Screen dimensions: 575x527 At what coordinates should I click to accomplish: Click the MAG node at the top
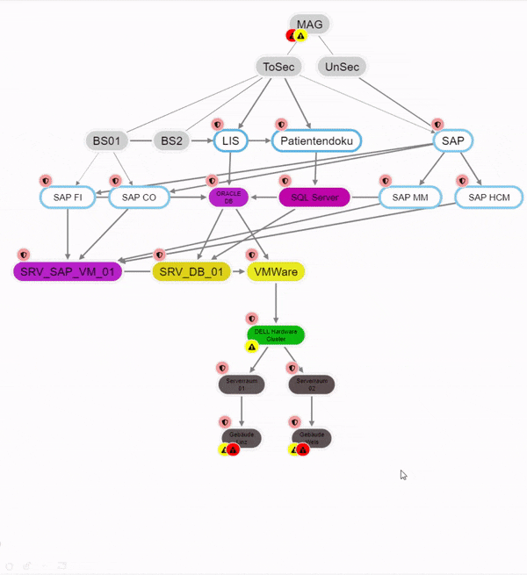[309, 24]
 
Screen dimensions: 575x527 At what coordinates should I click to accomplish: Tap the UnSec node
[342, 66]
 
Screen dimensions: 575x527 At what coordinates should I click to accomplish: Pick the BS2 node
[173, 140]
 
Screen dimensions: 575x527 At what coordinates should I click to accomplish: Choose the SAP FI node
[68, 198]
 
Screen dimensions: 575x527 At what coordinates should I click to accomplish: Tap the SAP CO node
[139, 198]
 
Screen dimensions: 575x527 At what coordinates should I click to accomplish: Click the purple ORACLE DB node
[228, 197]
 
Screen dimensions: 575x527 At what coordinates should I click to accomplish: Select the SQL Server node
[314, 198]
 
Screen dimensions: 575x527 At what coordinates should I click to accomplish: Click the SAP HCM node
[489, 198]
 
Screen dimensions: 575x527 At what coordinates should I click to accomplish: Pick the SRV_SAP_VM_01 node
[68, 272]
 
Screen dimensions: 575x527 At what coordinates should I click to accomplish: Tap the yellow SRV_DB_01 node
[191, 272]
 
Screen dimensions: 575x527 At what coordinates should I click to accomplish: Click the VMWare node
[276, 272]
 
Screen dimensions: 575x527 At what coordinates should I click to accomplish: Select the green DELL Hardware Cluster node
[276, 334]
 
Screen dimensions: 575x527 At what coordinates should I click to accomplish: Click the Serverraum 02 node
[312, 385]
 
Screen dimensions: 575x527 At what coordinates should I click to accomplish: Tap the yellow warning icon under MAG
[301, 36]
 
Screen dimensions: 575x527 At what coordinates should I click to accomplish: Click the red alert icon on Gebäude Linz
[233, 449]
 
